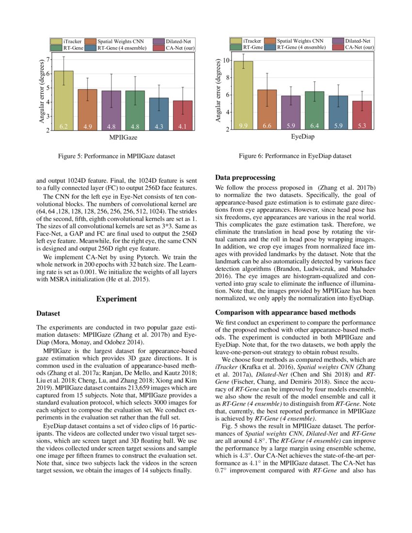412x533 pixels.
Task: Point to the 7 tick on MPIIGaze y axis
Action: coord(46,60)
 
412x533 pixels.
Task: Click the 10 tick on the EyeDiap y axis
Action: coord(225,60)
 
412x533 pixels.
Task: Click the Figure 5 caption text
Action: coord(116,157)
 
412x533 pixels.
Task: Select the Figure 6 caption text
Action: coord(295,156)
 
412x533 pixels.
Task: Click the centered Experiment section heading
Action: coord(116,299)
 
